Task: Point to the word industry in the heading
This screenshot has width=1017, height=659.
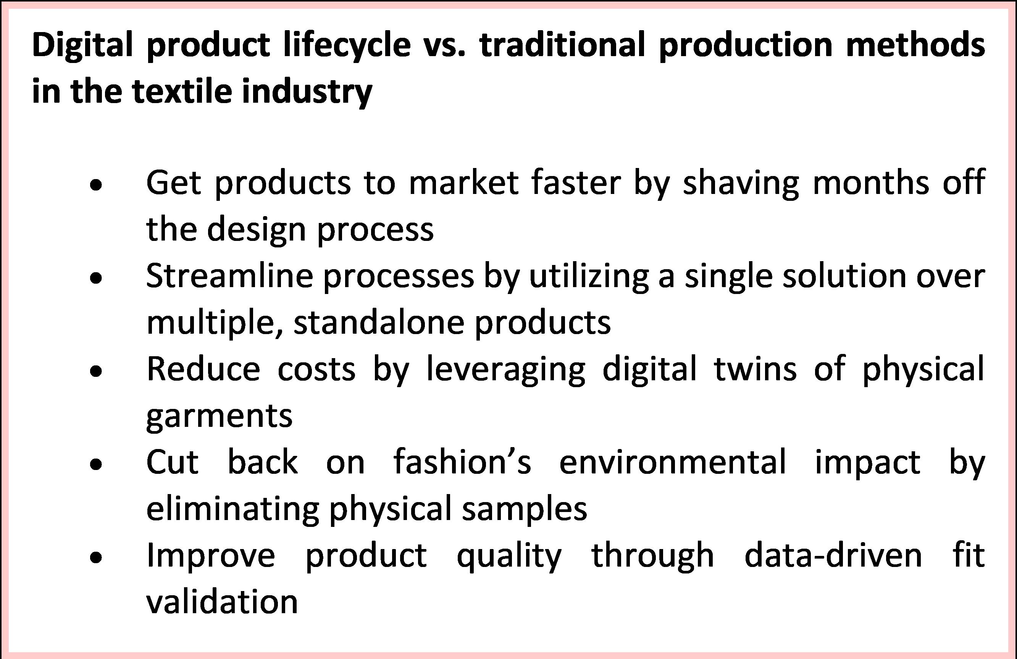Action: tap(307, 92)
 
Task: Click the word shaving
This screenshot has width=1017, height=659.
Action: tap(741, 184)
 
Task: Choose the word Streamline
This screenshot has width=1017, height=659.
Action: tap(229, 276)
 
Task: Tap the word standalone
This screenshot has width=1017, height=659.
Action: tap(379, 322)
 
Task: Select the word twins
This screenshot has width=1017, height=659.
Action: tap(755, 368)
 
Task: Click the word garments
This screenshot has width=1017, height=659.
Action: tap(219, 416)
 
